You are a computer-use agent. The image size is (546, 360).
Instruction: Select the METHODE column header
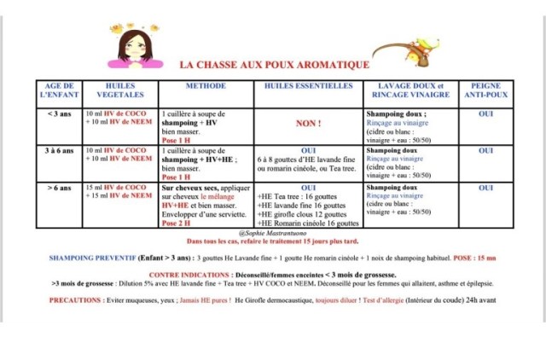point(205,86)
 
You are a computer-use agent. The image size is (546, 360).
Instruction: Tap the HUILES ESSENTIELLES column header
point(308,86)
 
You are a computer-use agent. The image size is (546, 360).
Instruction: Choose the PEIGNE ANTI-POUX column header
point(485,90)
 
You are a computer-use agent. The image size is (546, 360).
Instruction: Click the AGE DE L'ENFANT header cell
point(60,90)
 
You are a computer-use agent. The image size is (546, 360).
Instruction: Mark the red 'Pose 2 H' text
point(177,223)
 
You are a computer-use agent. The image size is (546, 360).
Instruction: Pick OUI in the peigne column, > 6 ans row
point(485,187)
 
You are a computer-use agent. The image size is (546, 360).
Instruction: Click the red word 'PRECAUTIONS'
point(76,300)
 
